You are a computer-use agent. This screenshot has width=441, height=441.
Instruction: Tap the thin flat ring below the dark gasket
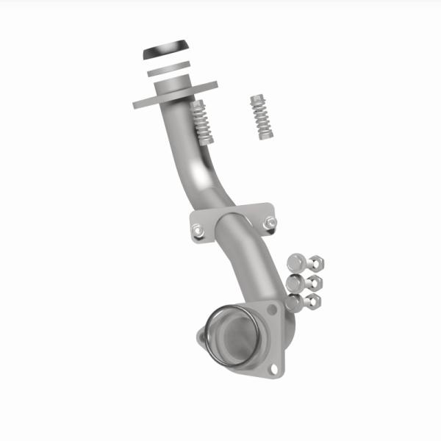pos(167,71)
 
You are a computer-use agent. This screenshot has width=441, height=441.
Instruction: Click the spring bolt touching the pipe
pos(201,121)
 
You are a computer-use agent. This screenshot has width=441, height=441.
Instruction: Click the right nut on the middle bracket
pos(270,222)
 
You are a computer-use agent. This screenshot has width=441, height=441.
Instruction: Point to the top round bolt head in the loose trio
pos(295,262)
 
